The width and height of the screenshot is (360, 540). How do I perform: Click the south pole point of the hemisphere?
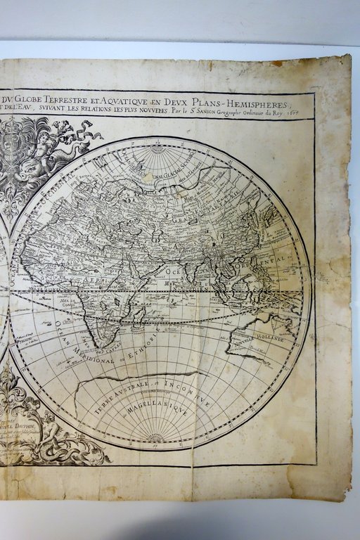click(157, 439)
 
